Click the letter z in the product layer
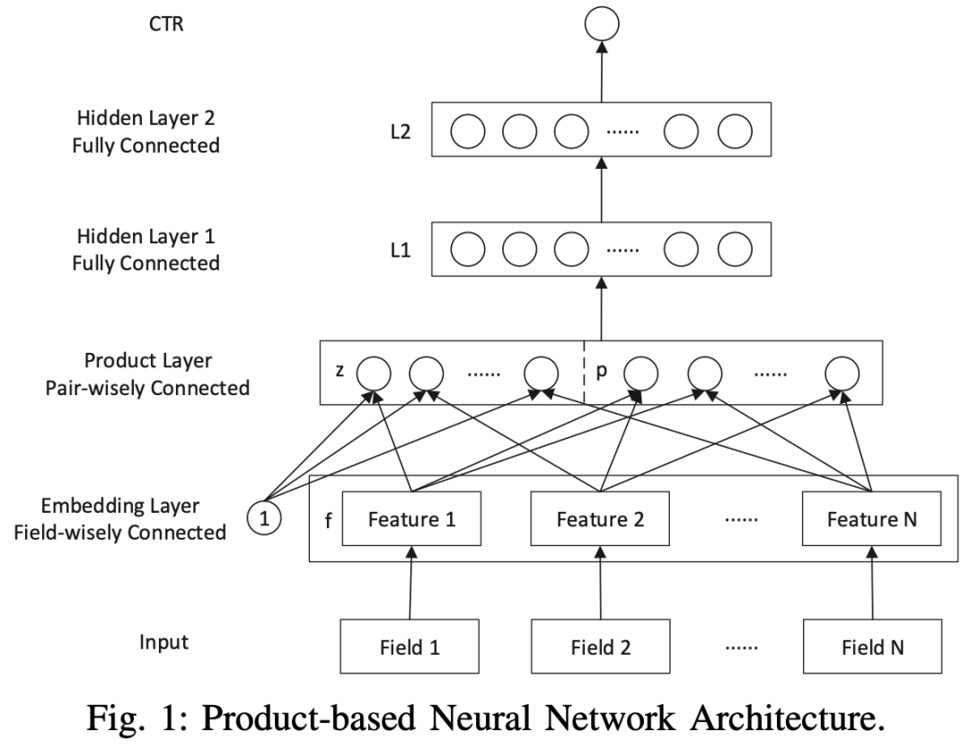click(x=340, y=371)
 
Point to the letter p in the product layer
click(x=603, y=371)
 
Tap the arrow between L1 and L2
click(x=603, y=190)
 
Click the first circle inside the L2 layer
click(x=467, y=133)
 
